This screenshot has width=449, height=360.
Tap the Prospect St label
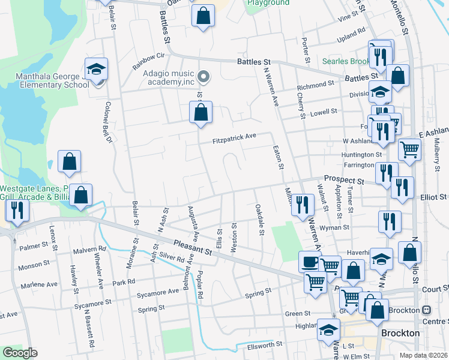pyautogui.click(x=344, y=179)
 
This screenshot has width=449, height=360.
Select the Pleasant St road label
pyautogui.click(x=193, y=247)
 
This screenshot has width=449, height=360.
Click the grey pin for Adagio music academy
pyautogui.click(x=203, y=76)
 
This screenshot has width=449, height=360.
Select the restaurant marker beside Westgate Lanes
pyautogui.click(x=16, y=210)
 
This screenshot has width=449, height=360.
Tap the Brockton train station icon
pyautogui.click(x=427, y=310)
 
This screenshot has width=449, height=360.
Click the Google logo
pyautogui.click(x=20, y=353)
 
